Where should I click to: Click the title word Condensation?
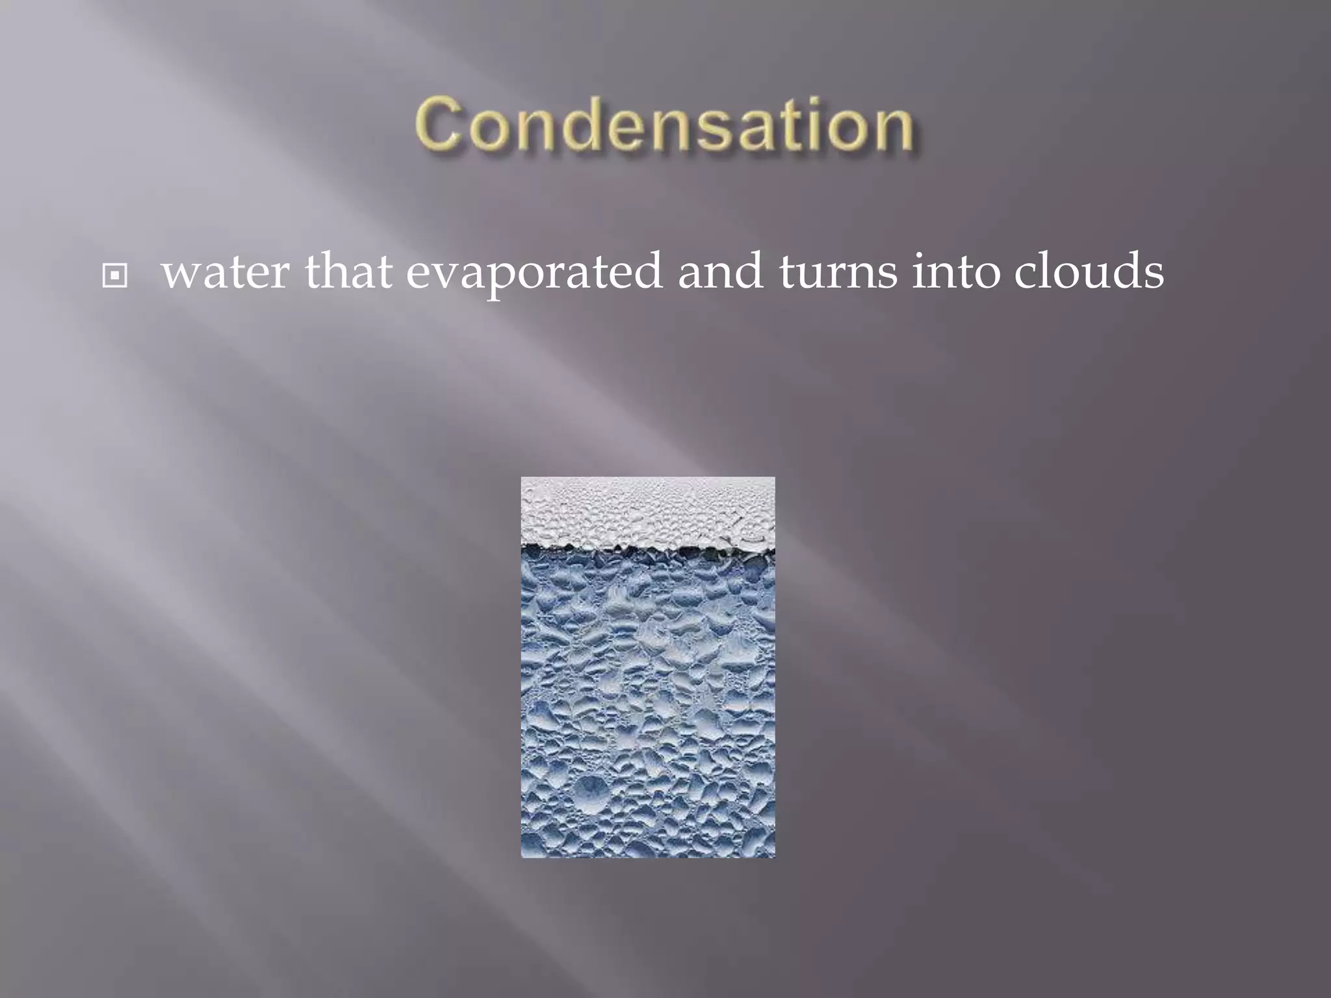click(x=664, y=125)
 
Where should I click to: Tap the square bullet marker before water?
click(x=115, y=276)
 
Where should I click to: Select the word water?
click(x=225, y=272)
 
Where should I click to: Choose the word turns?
click(x=838, y=272)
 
